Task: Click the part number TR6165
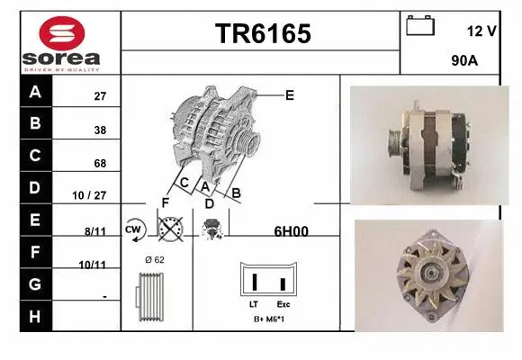262,34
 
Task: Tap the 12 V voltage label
481,31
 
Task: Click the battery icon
420,25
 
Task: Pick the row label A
35,92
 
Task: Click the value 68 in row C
100,164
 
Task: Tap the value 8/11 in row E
95,230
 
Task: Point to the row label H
35,316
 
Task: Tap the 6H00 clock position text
291,230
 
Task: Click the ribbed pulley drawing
149,295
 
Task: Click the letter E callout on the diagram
289,94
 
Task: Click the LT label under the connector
253,304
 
